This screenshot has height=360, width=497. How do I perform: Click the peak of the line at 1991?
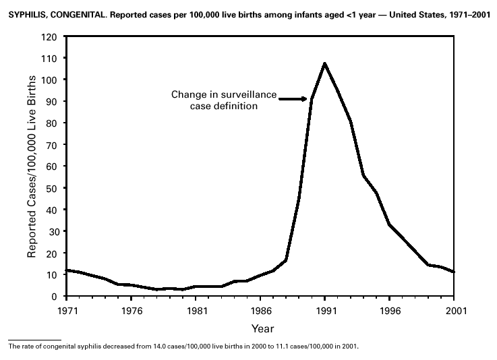pos(324,64)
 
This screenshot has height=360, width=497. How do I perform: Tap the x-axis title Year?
pos(262,329)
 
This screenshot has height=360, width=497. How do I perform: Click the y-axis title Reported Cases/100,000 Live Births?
pos(32,167)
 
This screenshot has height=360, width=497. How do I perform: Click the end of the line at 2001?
pos(454,272)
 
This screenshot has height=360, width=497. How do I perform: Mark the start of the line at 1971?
pos(67,270)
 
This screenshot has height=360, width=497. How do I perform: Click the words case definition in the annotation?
pos(223,106)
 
